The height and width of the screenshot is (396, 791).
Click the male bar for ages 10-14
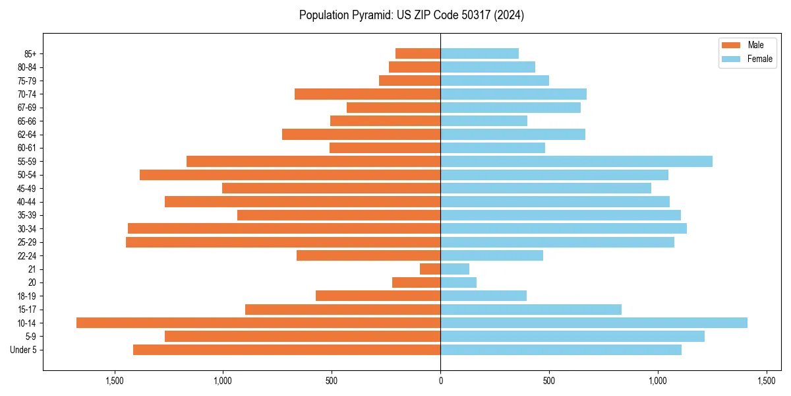(x=258, y=323)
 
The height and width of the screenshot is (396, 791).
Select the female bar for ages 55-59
(x=576, y=161)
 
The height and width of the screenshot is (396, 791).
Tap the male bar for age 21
(x=430, y=269)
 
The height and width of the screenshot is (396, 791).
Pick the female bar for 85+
(x=479, y=53)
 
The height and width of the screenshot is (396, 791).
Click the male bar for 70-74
(x=367, y=94)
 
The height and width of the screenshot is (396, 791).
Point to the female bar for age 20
(x=458, y=282)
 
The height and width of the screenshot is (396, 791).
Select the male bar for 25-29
(x=283, y=242)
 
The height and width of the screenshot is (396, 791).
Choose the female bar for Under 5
(x=561, y=350)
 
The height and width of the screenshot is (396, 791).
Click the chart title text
(x=411, y=15)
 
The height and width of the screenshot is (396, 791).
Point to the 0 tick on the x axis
(x=440, y=381)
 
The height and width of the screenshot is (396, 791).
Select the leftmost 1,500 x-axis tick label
(x=115, y=381)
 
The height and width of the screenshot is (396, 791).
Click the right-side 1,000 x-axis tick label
(x=657, y=381)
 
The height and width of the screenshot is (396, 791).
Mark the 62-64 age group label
(x=26, y=135)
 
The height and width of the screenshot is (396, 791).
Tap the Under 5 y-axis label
(x=23, y=350)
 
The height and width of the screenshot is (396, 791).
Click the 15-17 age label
(x=26, y=310)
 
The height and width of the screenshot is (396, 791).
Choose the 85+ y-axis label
(x=30, y=53)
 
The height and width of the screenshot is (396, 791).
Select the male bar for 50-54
(x=290, y=175)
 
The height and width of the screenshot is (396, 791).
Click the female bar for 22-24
(x=492, y=255)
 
